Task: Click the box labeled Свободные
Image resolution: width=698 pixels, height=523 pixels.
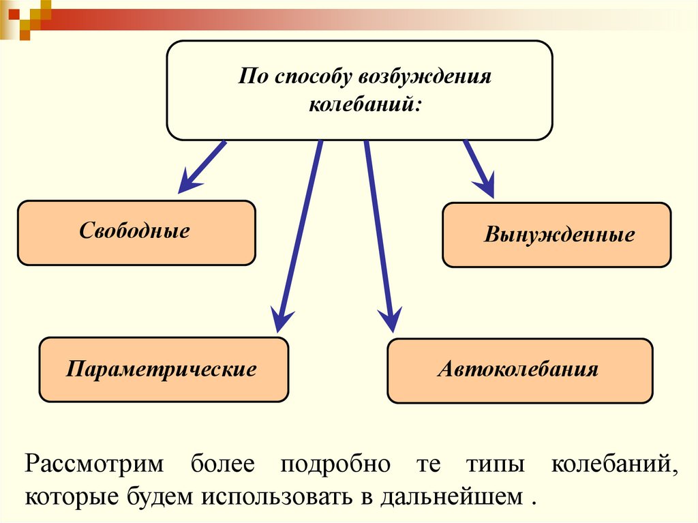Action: pos(136,232)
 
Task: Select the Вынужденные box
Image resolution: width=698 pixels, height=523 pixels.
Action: pos(557,235)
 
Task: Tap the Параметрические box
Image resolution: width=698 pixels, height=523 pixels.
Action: pos(164,370)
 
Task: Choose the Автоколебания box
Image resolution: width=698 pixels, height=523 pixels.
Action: pos(519,370)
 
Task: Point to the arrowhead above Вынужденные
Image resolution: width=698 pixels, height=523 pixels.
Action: pos(485,185)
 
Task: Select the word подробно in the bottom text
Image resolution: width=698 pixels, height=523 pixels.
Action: pos(334,464)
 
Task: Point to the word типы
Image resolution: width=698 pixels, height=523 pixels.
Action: pos(496,464)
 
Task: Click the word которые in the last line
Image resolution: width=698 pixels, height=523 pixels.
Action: pos(71,496)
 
